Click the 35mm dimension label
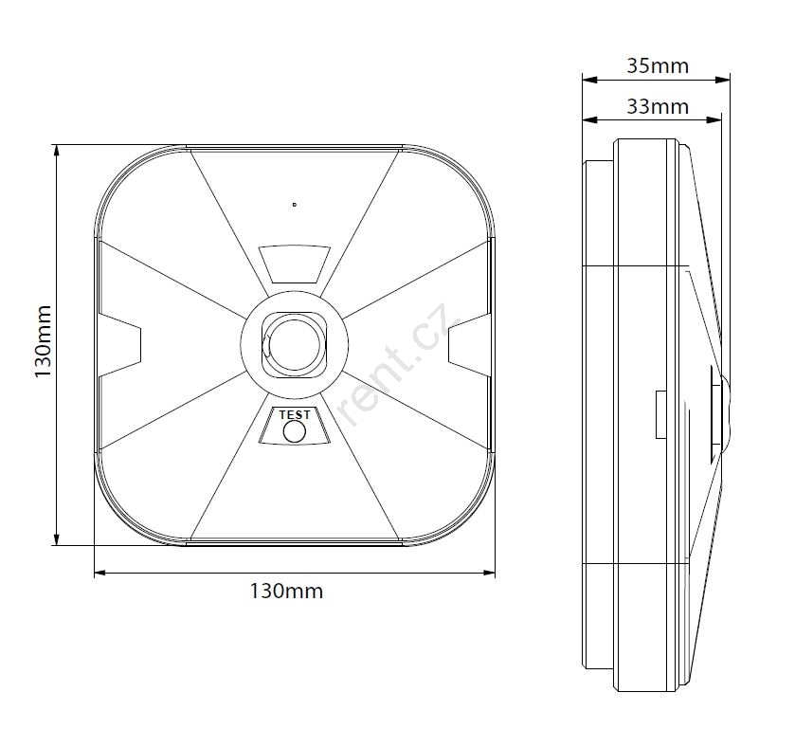click(x=658, y=66)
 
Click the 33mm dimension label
click(x=658, y=106)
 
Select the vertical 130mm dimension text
click(x=43, y=341)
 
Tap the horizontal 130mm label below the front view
click(x=286, y=591)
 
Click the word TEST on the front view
click(x=295, y=415)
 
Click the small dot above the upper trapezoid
click(x=294, y=205)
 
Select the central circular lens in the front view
click(x=294, y=344)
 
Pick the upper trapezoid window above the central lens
click(x=295, y=264)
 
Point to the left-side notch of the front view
click(x=119, y=345)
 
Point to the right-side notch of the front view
click(x=469, y=345)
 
